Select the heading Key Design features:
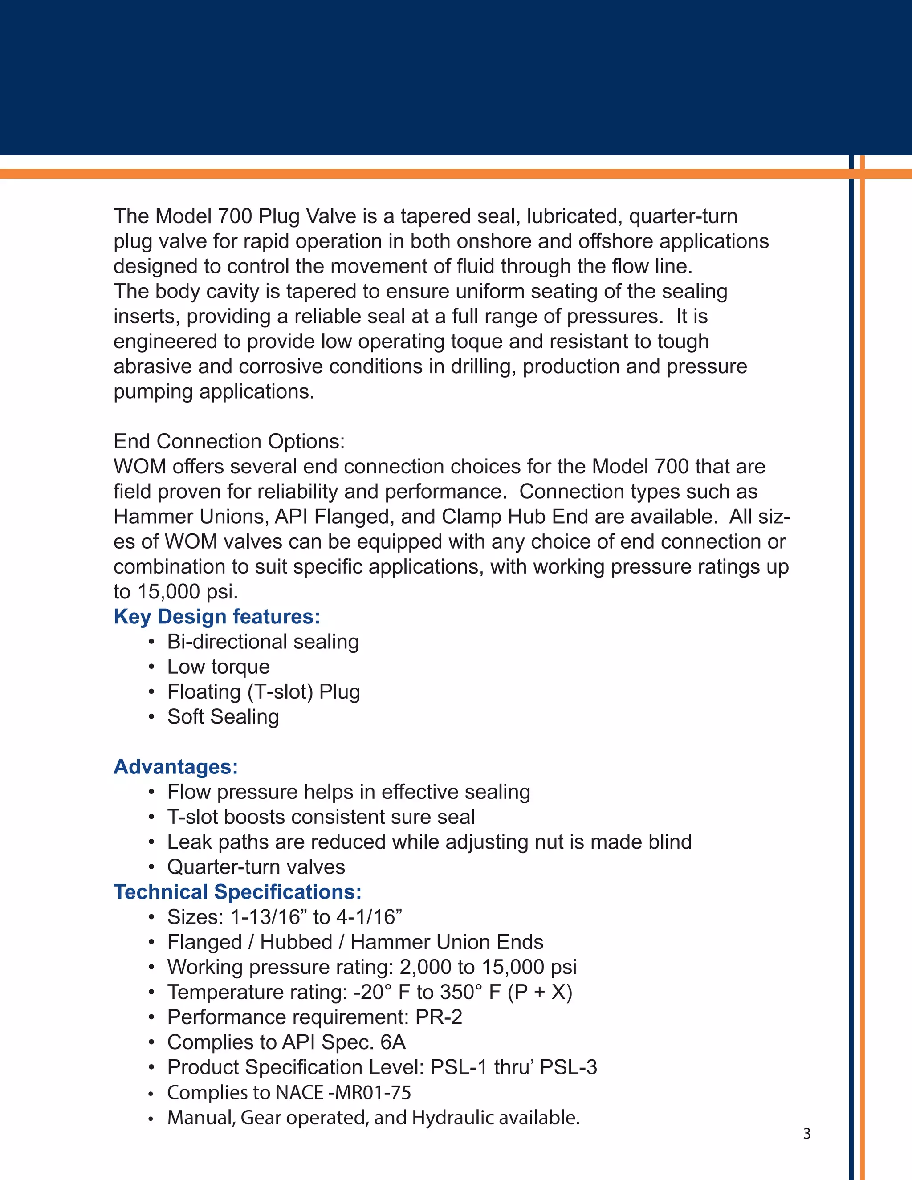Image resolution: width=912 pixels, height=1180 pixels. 217,616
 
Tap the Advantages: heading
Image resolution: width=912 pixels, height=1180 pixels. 175,767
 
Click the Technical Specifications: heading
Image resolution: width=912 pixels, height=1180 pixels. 237,892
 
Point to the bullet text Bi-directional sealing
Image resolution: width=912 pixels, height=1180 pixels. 263,642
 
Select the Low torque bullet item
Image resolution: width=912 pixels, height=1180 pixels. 218,667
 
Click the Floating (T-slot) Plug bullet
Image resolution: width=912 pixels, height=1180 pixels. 263,692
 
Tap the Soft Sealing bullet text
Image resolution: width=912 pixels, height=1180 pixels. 223,717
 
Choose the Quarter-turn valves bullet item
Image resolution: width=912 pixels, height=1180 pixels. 256,867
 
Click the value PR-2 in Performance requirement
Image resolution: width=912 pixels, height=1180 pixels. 439,1017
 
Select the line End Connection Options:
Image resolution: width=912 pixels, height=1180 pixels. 229,441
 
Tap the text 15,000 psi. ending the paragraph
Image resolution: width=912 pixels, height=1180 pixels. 187,592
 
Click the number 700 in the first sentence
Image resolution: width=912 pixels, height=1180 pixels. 235,216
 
